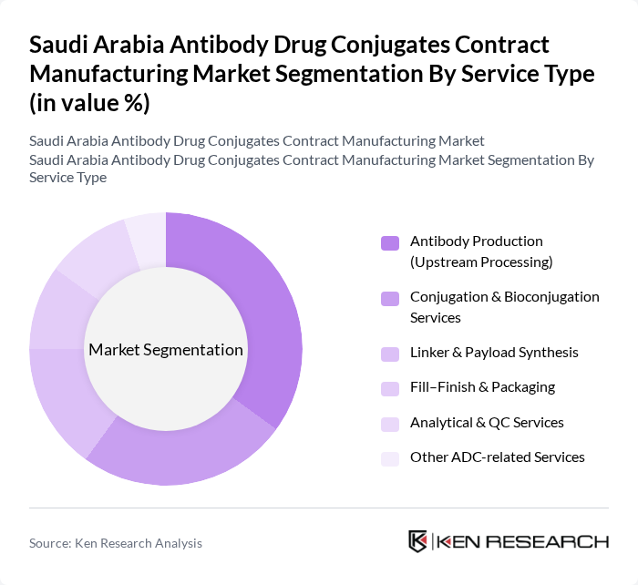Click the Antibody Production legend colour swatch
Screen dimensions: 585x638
[x=390, y=243]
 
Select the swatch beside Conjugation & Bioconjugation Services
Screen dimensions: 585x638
[x=390, y=298]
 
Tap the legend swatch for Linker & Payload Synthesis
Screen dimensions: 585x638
[x=390, y=354]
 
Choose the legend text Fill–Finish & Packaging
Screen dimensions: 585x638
[x=482, y=387]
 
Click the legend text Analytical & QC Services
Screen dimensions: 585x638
[x=487, y=423]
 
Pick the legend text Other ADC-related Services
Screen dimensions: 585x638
[x=497, y=457]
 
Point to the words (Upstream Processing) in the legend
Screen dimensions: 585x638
[x=481, y=262]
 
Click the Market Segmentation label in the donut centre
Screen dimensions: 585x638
[x=166, y=350]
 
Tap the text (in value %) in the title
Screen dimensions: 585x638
[x=89, y=103]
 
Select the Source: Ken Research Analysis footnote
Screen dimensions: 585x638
[x=116, y=543]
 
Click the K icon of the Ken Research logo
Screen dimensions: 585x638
[x=418, y=541]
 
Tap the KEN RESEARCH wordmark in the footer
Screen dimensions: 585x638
[x=522, y=541]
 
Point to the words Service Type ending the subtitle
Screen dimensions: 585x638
[x=67, y=178]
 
